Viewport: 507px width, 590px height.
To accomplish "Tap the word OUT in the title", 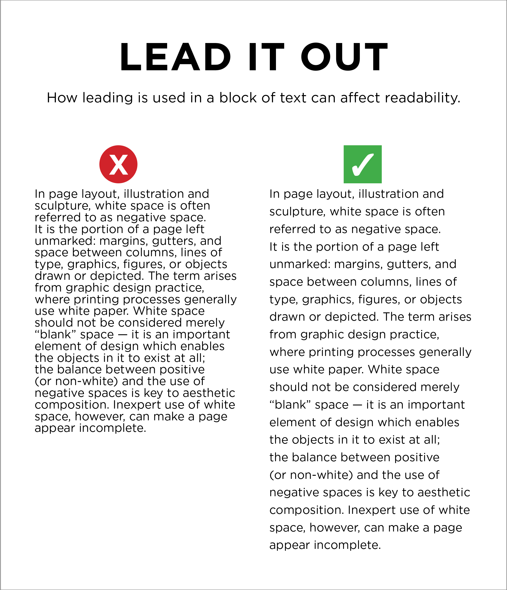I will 344,57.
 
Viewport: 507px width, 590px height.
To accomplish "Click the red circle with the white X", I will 118,164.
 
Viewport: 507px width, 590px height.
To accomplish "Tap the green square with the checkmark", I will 363,164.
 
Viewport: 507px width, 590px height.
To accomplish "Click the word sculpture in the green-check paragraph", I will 297,212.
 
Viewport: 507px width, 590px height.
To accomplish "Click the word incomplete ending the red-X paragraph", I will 113,428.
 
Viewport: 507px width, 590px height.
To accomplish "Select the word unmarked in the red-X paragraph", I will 65,241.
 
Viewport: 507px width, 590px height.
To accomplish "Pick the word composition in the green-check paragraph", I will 306,510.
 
